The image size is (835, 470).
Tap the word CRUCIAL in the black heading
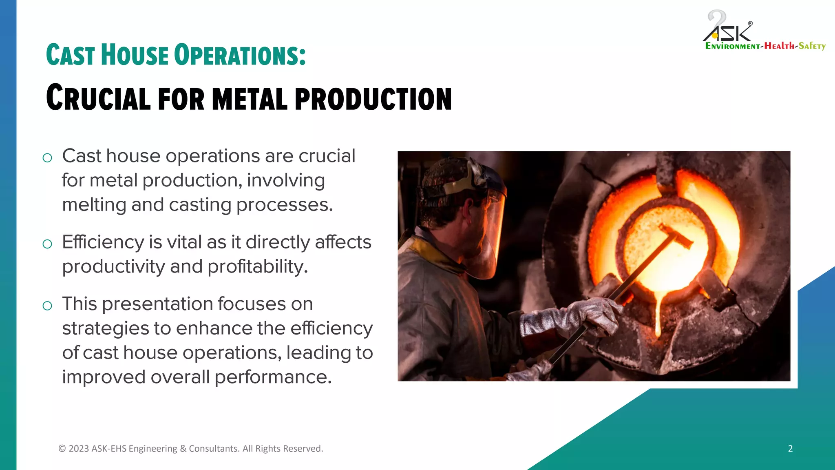(98, 98)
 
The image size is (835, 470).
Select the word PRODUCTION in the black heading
(373, 99)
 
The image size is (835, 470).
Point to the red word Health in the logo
(780, 46)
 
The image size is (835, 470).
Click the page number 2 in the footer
(790, 448)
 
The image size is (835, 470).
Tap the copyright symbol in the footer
(62, 448)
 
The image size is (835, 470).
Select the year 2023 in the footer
(79, 448)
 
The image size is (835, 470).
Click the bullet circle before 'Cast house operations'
(47, 157)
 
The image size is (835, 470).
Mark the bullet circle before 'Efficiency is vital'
(47, 244)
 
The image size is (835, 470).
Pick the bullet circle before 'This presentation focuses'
(47, 306)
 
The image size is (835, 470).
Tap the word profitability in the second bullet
(257, 267)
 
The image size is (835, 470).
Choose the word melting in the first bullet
(94, 205)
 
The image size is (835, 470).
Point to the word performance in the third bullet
(273, 377)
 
